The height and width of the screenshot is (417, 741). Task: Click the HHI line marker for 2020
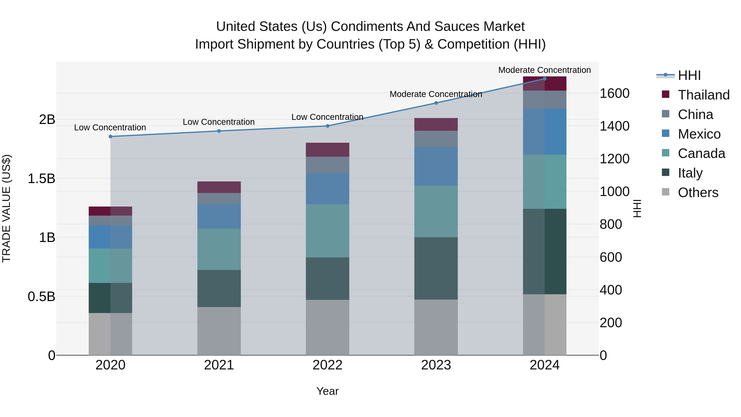click(x=111, y=136)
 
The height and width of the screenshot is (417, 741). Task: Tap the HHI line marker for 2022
click(x=327, y=126)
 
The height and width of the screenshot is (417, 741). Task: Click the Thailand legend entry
click(x=703, y=95)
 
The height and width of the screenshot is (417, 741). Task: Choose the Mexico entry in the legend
click(x=699, y=134)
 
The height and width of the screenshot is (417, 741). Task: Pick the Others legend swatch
click(x=666, y=192)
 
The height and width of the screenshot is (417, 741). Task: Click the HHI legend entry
click(x=689, y=75)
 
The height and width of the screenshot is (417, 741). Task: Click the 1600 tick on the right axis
click(x=614, y=93)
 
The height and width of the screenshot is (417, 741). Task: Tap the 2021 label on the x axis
click(x=219, y=365)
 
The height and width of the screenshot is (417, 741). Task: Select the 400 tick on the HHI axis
click(x=611, y=290)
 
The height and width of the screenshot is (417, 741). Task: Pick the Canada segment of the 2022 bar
click(x=327, y=231)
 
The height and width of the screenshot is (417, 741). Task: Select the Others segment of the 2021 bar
click(x=219, y=331)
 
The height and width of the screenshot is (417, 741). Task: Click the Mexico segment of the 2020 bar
click(x=111, y=237)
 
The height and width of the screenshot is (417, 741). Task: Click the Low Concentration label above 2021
click(x=219, y=122)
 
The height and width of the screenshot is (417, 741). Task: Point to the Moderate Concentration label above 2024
click(x=544, y=70)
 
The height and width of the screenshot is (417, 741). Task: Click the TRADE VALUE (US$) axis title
click(x=6, y=208)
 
